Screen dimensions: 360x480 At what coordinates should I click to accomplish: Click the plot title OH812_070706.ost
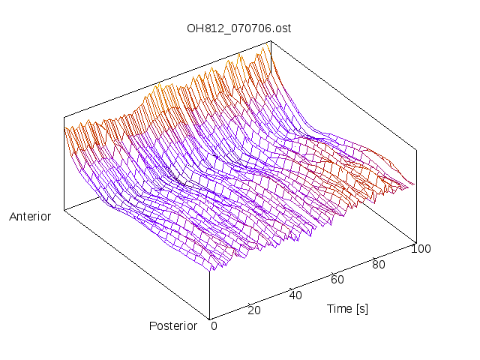point(238,28)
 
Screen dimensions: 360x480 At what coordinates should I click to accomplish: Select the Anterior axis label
point(30,217)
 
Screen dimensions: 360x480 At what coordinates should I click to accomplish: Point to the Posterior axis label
point(173,325)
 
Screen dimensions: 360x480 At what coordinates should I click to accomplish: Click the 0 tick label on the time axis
point(214,325)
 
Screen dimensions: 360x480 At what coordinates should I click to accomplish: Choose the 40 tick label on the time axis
point(295,295)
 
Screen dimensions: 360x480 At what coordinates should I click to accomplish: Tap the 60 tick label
point(337,280)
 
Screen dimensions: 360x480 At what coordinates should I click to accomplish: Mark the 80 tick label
point(379,264)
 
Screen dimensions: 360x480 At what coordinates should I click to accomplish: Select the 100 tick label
point(421,249)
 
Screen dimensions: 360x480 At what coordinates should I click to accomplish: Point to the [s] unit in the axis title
point(361,308)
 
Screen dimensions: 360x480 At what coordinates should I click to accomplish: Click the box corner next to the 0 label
point(209,318)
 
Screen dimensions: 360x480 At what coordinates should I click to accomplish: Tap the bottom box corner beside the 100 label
point(416,241)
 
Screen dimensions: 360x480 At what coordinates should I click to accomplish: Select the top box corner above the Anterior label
point(64,117)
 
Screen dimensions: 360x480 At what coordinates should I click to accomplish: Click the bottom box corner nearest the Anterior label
point(64,211)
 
